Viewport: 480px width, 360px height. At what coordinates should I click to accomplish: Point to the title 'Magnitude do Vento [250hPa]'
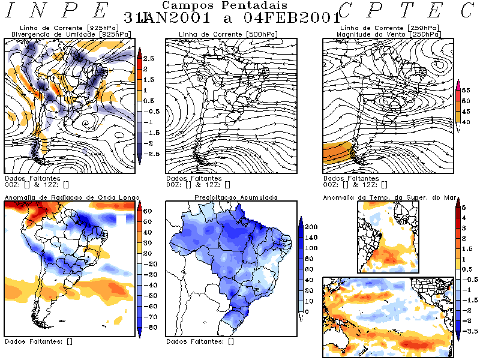click(389, 34)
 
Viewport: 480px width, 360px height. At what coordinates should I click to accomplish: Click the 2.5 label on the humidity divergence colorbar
click(148, 58)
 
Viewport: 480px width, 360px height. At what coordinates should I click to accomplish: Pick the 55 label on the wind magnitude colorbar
click(466, 90)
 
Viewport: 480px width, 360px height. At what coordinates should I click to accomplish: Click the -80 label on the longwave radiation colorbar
click(148, 327)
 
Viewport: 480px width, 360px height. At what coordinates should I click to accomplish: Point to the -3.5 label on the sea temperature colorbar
click(472, 331)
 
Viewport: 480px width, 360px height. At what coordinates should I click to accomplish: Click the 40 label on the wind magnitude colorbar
click(466, 122)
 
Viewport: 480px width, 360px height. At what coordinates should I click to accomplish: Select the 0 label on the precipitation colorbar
click(307, 312)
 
